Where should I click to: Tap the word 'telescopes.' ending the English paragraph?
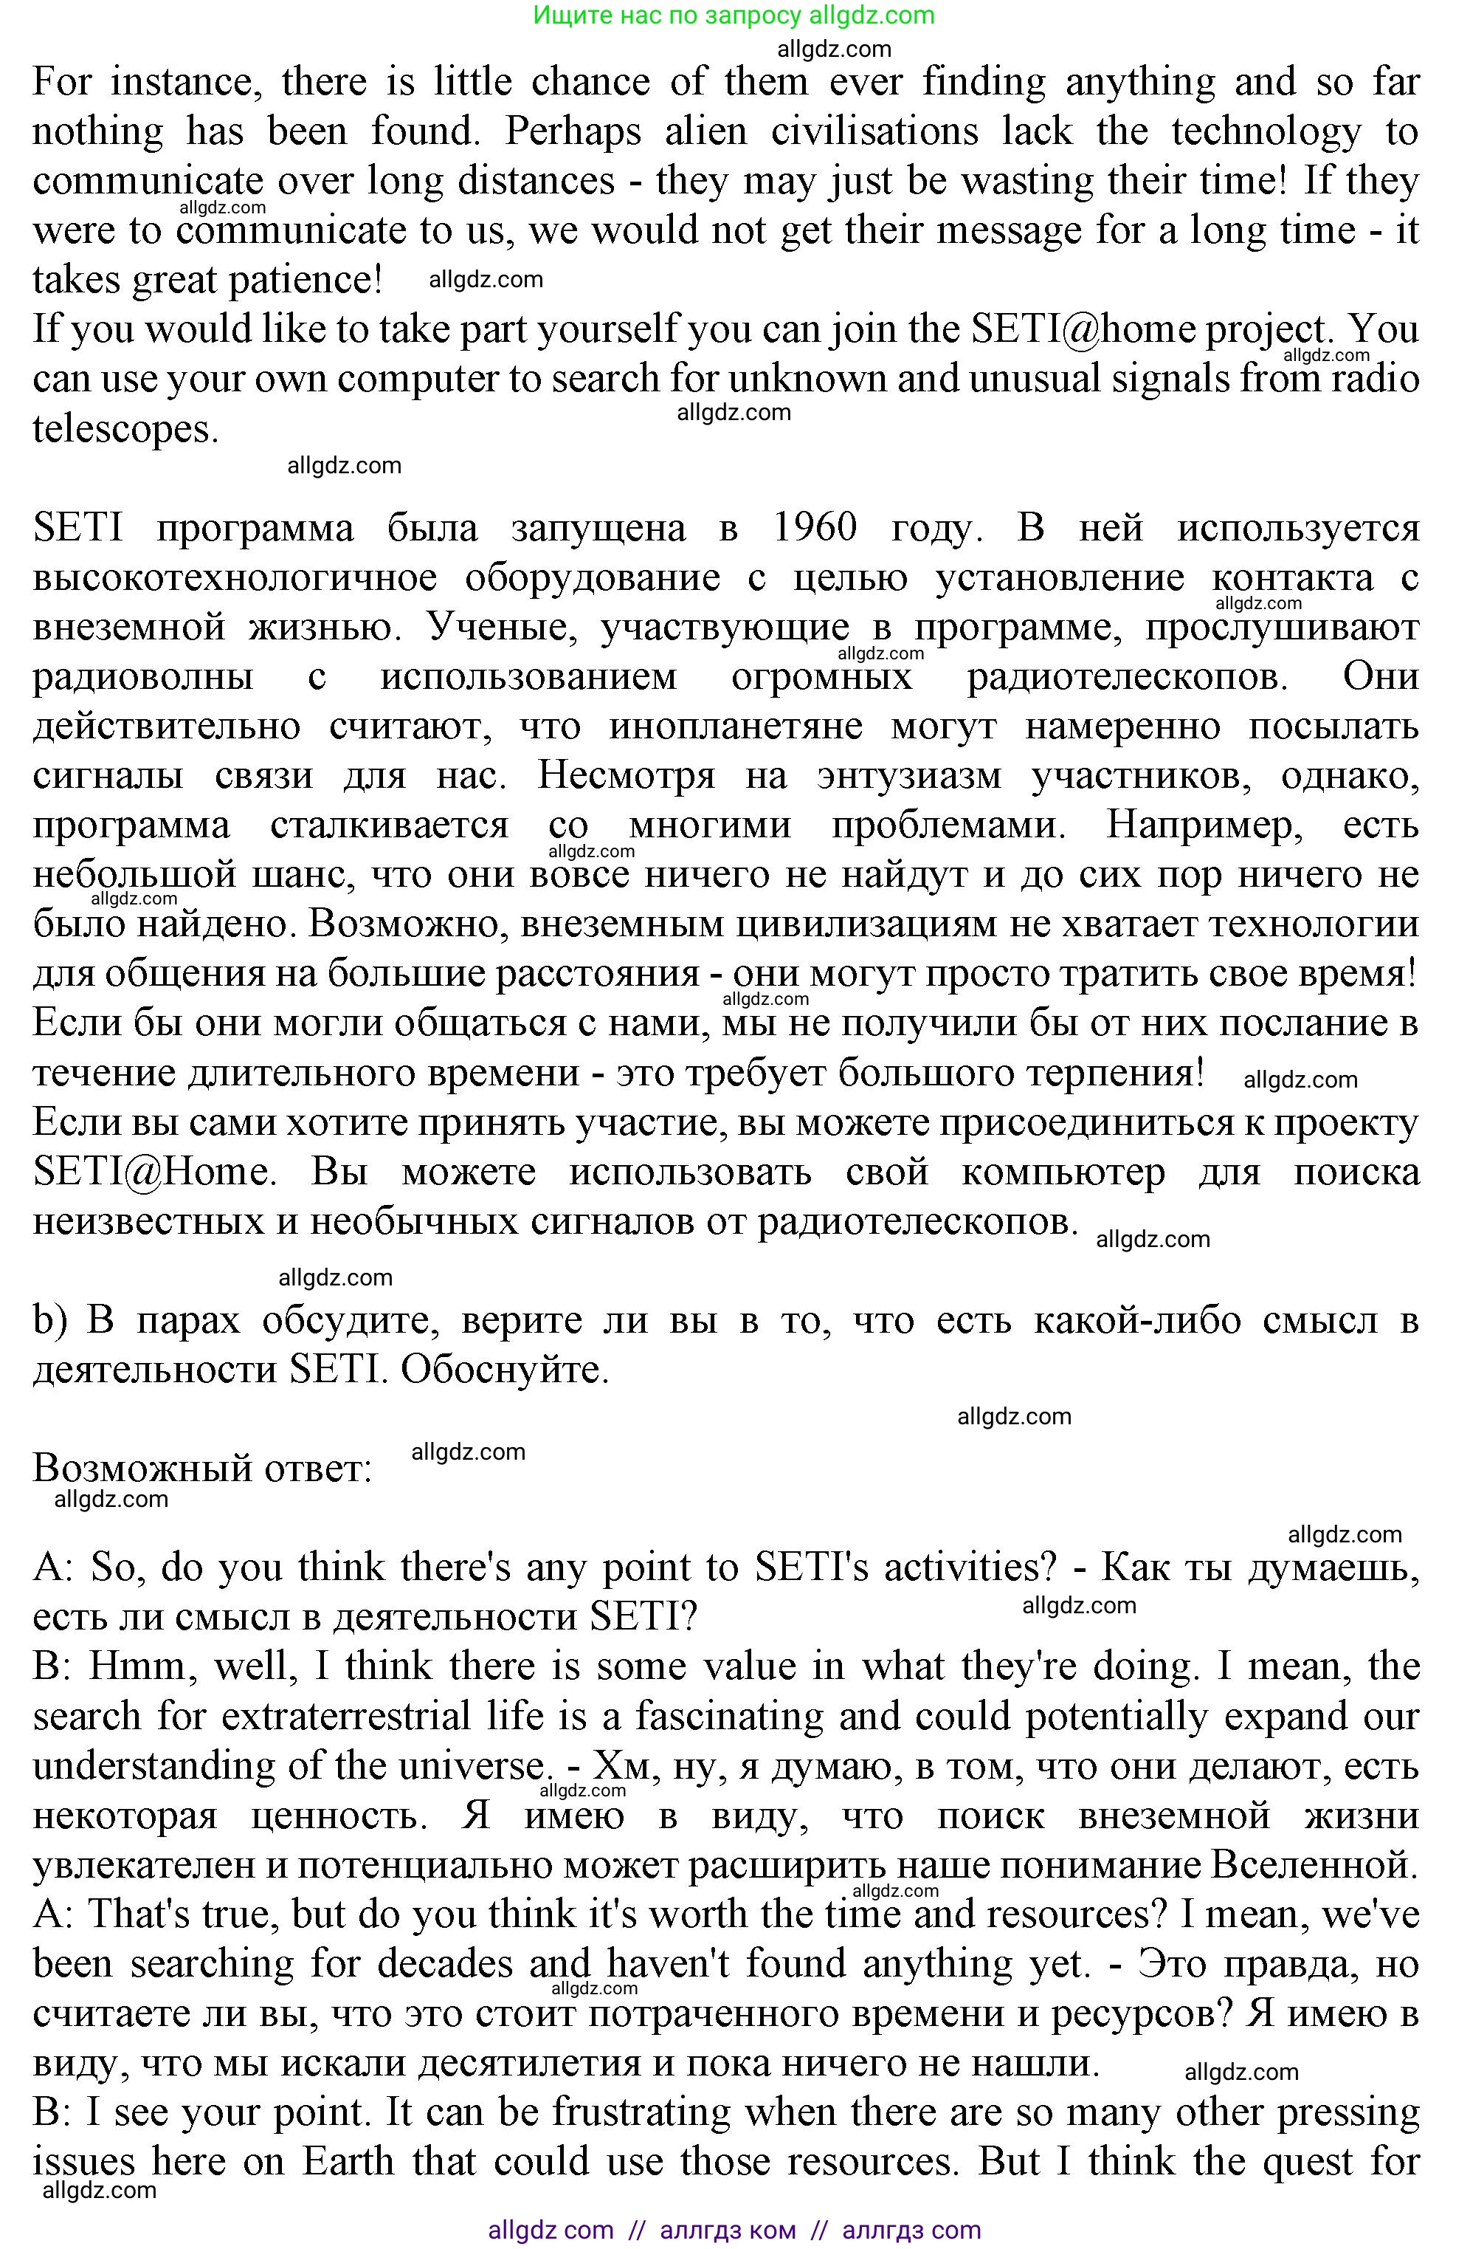pyautogui.click(x=125, y=428)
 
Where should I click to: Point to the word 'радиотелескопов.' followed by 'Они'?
pyautogui.click(x=1127, y=676)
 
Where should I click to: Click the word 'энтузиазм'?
pyautogui.click(x=908, y=776)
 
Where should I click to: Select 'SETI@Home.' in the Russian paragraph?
pyautogui.click(x=155, y=1172)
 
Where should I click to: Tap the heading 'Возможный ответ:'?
pyautogui.click(x=202, y=1469)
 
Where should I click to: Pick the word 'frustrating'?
pyautogui.click(x=643, y=2112)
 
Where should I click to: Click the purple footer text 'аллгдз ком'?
pyautogui.click(x=728, y=2230)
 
